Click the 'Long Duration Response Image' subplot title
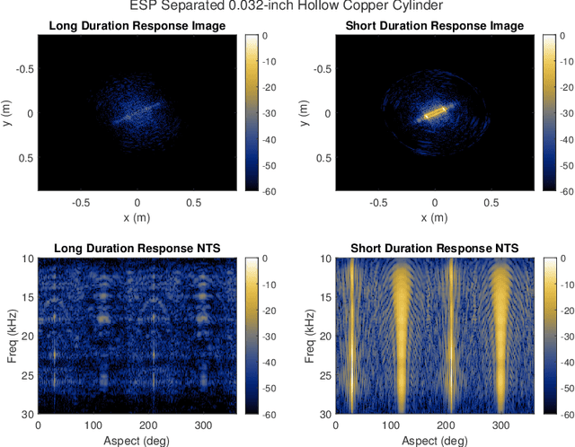[x=137, y=25]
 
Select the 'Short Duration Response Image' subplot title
[x=435, y=25]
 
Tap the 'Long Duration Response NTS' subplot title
[x=137, y=247]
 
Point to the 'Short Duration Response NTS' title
[x=435, y=247]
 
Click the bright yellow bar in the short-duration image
[x=435, y=113]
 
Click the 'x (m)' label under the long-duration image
[x=137, y=218]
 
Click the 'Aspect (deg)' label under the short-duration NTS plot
[x=435, y=440]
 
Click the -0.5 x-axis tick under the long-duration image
[x=81, y=202]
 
